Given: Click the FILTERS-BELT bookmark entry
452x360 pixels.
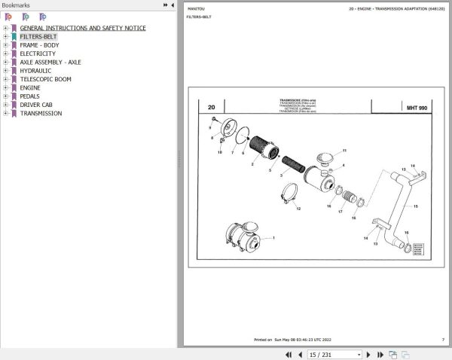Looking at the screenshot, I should (38, 36).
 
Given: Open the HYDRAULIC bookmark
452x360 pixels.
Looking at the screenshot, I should (35, 71).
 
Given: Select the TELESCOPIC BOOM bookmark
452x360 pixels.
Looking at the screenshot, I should (45, 79).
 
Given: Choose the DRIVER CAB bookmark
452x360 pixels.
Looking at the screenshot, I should (36, 105).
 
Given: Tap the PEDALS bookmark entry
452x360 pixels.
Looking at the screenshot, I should (30, 96).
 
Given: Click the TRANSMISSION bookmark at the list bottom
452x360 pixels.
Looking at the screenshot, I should (41, 114).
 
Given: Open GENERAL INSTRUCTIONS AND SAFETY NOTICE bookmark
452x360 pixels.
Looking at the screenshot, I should (83, 28).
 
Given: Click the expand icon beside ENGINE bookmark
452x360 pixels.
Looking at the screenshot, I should (5, 88).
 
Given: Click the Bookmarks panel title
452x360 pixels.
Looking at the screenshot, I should (16, 5).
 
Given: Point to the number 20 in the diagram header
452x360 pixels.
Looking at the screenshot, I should (212, 108).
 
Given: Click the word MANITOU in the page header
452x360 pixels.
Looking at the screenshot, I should (194, 8).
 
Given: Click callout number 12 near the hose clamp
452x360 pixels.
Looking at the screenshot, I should (298, 209).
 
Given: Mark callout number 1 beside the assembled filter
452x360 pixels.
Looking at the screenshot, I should (273, 238).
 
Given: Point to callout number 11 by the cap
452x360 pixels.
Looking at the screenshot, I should (344, 151).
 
